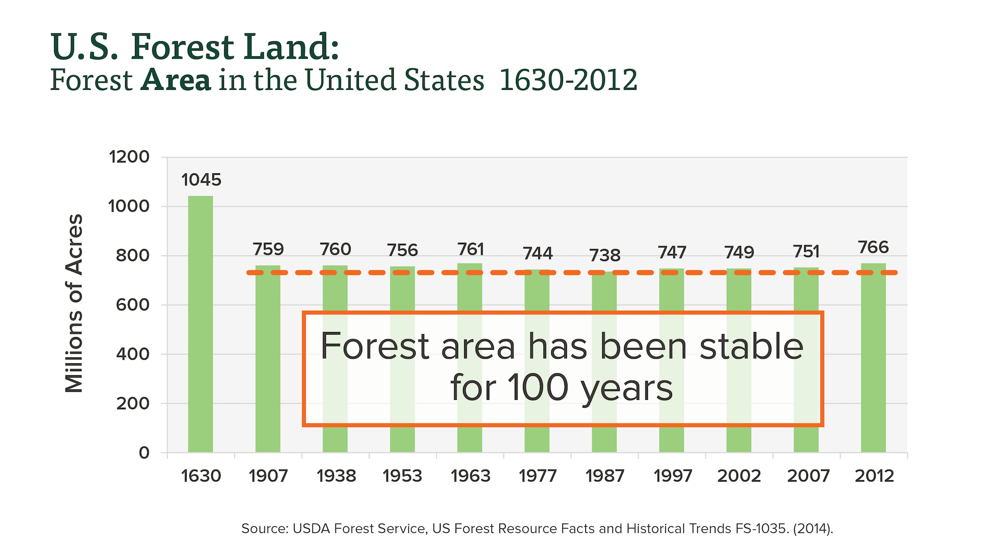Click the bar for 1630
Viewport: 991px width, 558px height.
tap(200, 324)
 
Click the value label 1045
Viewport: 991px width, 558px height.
tap(201, 180)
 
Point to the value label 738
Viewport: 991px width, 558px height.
tap(605, 255)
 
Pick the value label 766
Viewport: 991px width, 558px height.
tap(873, 247)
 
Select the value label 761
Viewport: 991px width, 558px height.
tap(470, 250)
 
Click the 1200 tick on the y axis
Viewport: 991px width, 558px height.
tap(129, 157)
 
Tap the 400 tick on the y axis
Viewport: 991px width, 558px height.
tap(132, 354)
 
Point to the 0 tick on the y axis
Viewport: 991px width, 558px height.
tap(144, 453)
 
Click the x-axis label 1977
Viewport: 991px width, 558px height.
tap(537, 476)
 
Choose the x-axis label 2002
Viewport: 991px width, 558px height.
tap(739, 476)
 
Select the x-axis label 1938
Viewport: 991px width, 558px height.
tap(336, 476)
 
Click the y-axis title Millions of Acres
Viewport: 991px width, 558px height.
tap(74, 303)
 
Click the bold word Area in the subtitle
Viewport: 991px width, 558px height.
tap(176, 80)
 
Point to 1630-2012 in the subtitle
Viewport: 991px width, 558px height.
tap(568, 80)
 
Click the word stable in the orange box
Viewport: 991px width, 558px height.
tap(751, 347)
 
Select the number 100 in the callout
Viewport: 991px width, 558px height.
tap(537, 388)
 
